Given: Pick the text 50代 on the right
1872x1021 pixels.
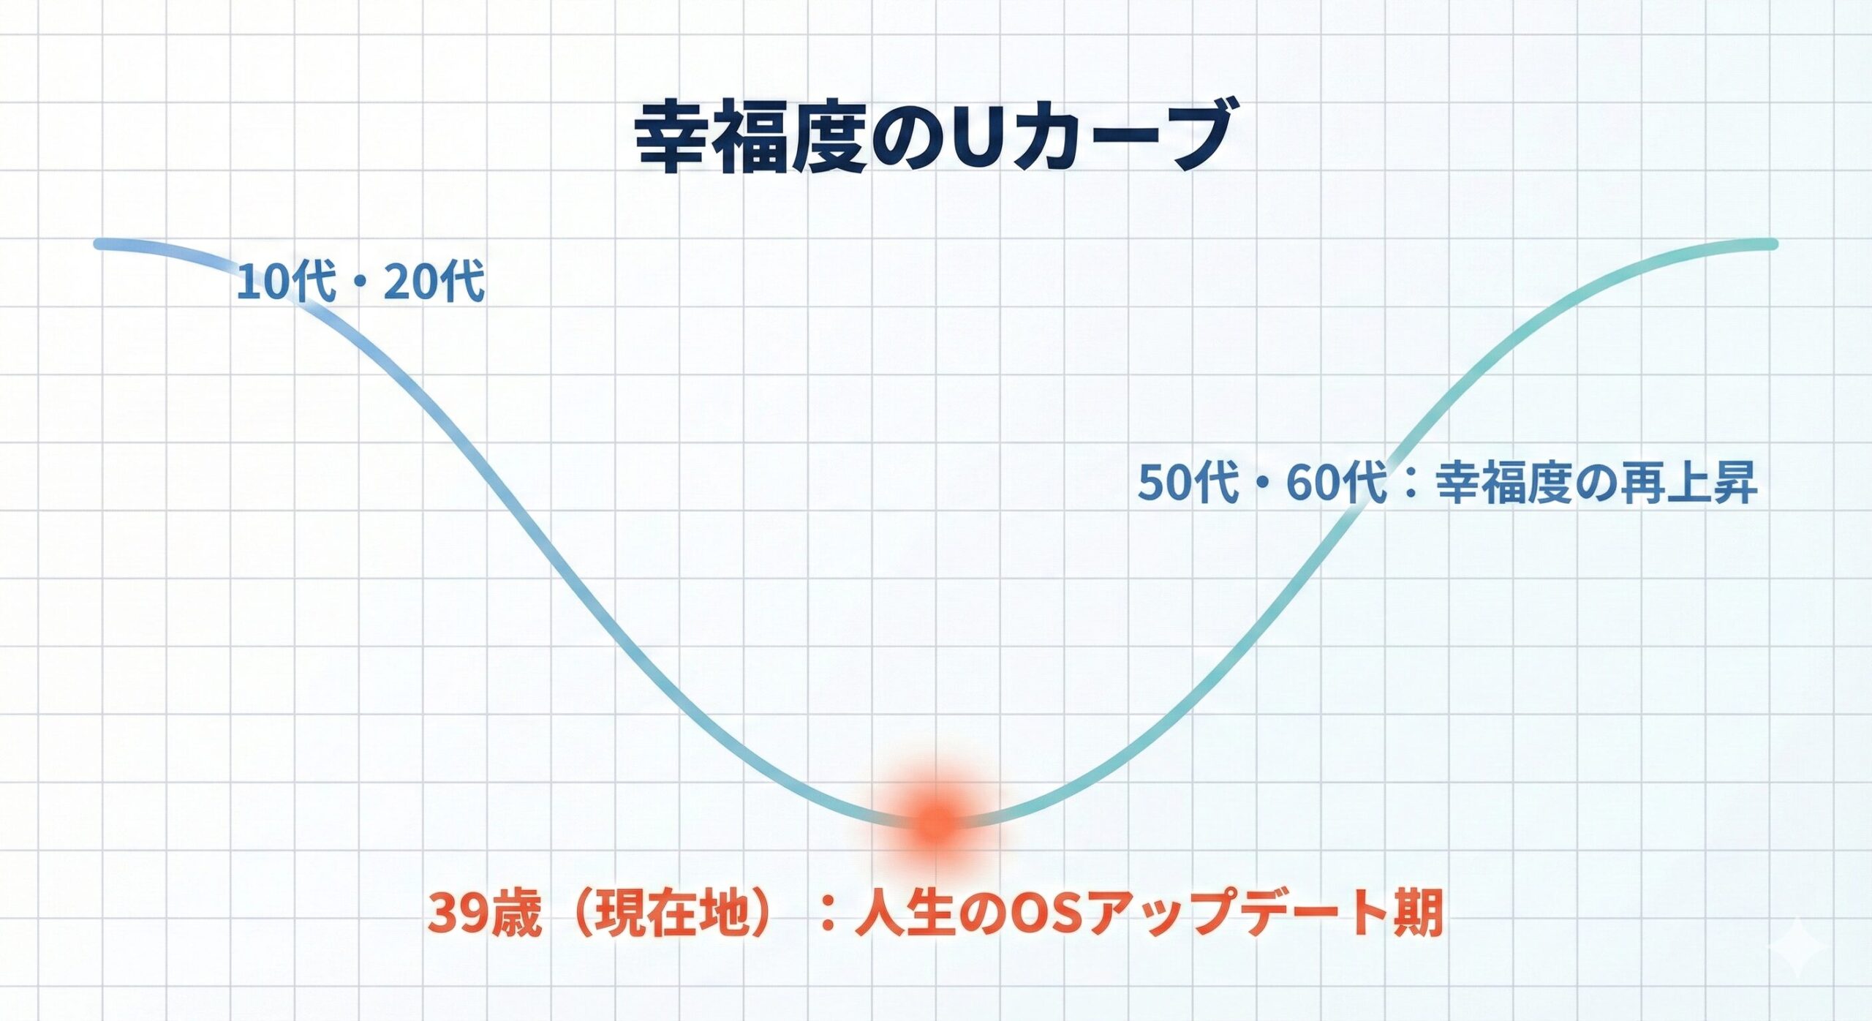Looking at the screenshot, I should click(x=1188, y=483).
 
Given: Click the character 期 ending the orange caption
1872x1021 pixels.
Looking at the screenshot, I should click(x=1419, y=913).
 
